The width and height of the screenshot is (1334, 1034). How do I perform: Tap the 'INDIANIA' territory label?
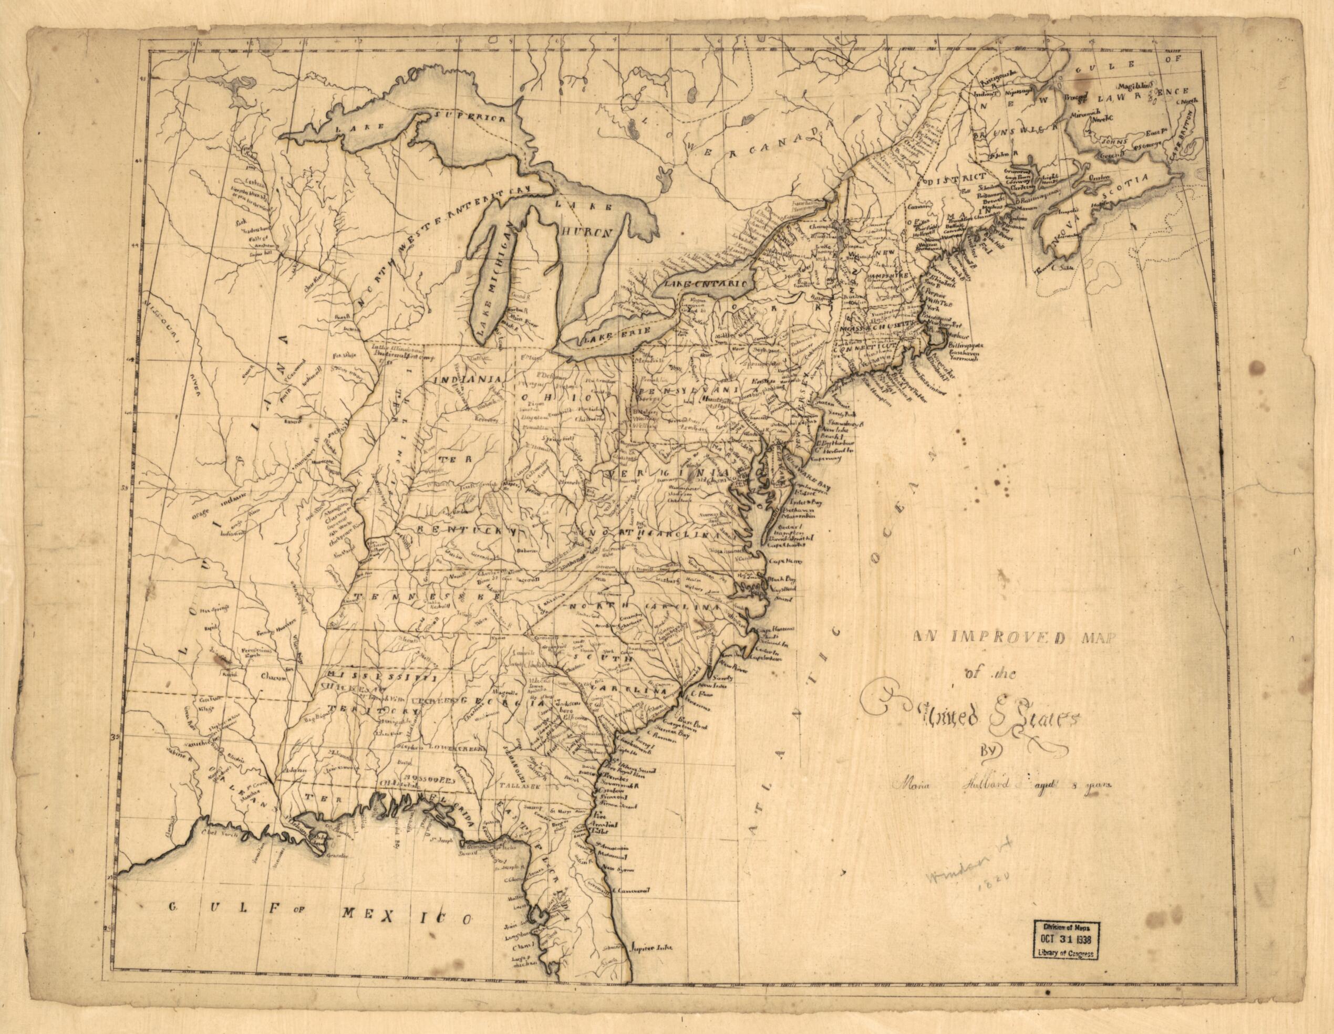pyautogui.click(x=467, y=379)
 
